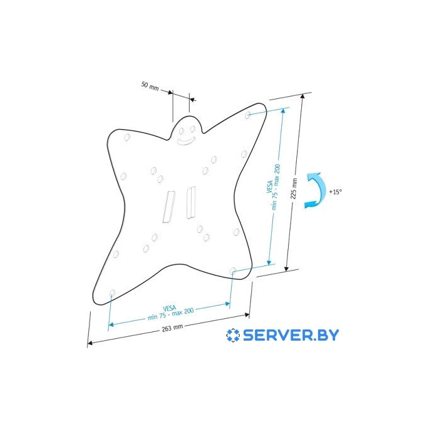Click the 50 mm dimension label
[x=150, y=85]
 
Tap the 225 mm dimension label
[x=294, y=189]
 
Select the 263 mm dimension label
[x=172, y=328]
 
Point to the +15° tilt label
[x=336, y=192]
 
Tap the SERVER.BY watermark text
[x=291, y=335]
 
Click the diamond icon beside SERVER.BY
[x=233, y=335]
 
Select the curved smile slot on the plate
[x=186, y=141]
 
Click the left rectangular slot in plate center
[x=169, y=207]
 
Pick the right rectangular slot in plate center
[x=190, y=202]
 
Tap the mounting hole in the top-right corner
[x=247, y=115]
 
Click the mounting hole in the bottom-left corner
[x=112, y=293]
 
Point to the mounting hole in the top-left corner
[x=127, y=137]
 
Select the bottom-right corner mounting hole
[x=233, y=271]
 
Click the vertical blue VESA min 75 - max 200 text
[x=273, y=187]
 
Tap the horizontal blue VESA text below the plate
[x=170, y=312]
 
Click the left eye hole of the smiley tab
[x=181, y=131]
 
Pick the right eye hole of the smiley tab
[x=193, y=129]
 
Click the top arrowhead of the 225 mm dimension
[x=302, y=96]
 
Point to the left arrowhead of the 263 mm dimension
[x=90, y=343]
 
